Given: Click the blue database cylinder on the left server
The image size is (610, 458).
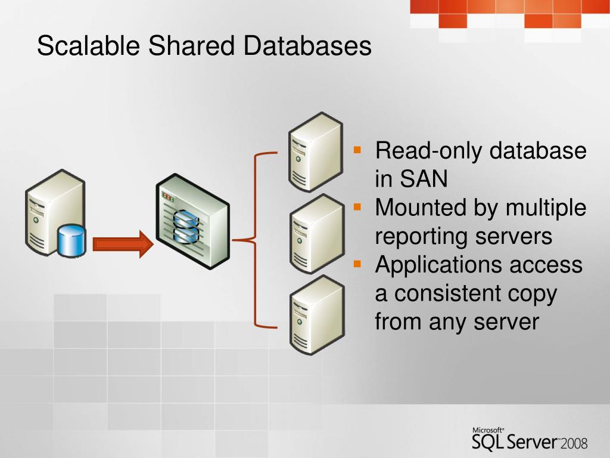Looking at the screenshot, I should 71,241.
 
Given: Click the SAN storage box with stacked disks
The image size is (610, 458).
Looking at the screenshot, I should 191,221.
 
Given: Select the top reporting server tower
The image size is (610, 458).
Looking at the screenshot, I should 315,153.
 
